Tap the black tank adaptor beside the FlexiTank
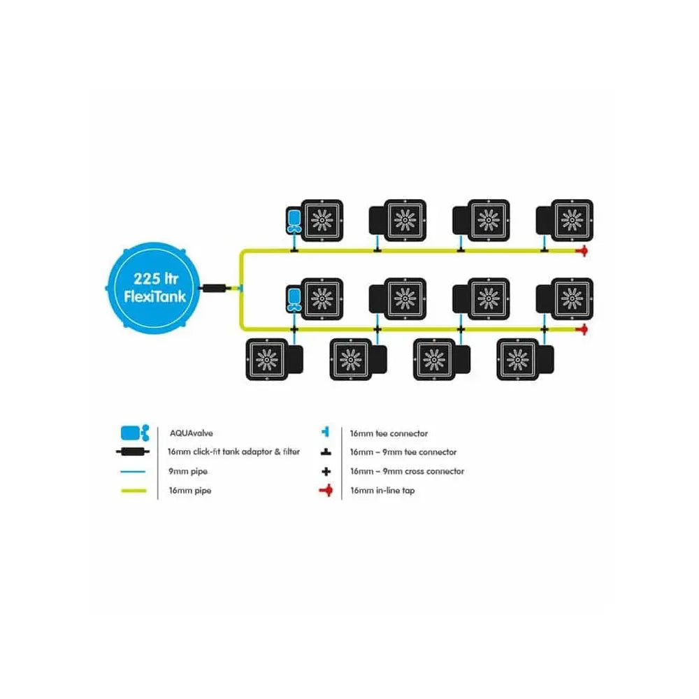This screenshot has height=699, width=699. click(212, 287)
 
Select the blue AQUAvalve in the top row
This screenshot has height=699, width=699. click(294, 220)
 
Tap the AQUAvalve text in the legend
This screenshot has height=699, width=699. click(186, 433)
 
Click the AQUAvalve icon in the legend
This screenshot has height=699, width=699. click(135, 433)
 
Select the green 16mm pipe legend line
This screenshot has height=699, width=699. click(134, 491)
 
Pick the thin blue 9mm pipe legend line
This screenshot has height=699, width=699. click(134, 472)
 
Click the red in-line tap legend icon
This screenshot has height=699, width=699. click(326, 491)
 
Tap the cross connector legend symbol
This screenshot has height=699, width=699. click(326, 472)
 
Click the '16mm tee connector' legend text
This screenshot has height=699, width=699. click(389, 433)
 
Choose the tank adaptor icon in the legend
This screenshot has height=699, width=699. click(134, 452)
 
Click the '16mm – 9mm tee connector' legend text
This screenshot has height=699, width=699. click(403, 452)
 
